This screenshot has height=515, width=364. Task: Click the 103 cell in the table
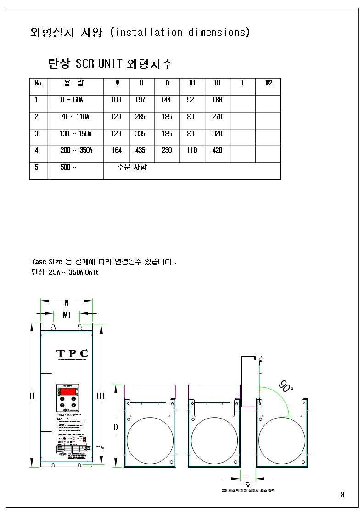point(116,100)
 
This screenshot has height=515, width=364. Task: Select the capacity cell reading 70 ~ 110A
point(74,117)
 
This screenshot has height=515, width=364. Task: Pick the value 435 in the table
point(140,150)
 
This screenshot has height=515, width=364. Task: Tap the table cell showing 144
point(166,100)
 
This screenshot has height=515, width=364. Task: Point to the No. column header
point(39,83)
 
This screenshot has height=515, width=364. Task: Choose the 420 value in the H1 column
point(217,150)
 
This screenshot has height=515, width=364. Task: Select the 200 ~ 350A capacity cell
point(76,150)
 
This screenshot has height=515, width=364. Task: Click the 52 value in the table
point(190,100)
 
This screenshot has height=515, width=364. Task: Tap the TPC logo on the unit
point(72,353)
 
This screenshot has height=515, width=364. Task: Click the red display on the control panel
point(68,392)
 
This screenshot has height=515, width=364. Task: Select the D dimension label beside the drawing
point(116,427)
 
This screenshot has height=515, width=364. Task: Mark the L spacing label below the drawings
point(247,480)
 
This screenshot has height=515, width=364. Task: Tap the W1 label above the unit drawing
point(67,315)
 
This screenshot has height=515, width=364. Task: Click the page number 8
point(342,495)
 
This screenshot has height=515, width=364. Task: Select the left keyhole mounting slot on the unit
point(53,327)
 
